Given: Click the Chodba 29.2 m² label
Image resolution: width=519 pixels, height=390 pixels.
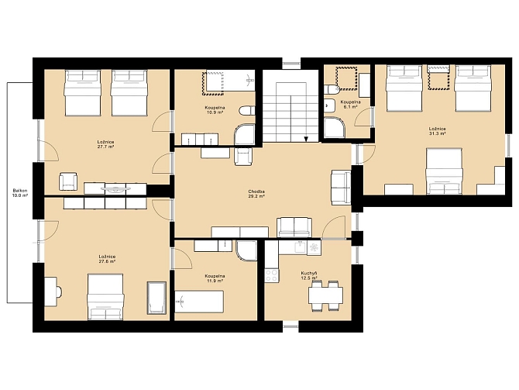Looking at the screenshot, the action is point(256,194).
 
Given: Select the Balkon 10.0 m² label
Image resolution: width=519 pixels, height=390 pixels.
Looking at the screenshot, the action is point(20,193).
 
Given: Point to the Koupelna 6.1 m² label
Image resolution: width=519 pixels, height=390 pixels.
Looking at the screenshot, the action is point(350,105).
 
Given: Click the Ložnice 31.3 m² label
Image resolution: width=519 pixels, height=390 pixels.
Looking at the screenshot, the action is point(437,131).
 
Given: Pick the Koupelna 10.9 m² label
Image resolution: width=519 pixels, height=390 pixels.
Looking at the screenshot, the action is point(215,110).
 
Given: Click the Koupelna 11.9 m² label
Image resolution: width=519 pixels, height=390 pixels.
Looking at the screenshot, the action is point(215,278).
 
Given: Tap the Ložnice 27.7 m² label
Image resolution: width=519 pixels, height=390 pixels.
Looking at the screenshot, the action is point(105,144).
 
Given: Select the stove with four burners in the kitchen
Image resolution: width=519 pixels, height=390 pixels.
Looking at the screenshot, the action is point(272,275).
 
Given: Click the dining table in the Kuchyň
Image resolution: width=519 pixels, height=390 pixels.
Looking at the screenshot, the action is point(325,295).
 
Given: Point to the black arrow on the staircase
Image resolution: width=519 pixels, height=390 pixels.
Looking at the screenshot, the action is point(306,139).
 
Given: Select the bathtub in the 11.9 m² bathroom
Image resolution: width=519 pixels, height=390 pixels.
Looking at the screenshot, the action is point(199,302).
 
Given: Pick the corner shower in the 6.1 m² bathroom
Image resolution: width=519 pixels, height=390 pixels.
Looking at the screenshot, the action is point(335,128).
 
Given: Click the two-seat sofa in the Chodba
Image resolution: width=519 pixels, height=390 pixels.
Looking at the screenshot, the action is point(294,227).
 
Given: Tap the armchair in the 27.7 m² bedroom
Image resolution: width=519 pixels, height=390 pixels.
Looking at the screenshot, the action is point(68,181).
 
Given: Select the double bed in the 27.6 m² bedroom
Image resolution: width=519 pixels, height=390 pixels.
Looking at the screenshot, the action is point(105,297).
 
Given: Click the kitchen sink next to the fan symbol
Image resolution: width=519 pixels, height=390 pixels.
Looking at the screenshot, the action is point(301,247).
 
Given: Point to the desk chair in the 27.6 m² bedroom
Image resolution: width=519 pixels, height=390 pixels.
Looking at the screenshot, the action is point(59,292).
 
